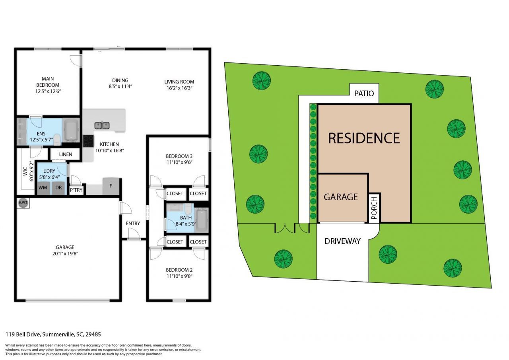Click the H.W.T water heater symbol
pos(21,203)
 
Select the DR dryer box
pos(58,188)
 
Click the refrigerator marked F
pos(111,186)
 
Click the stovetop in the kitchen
pos(88,141)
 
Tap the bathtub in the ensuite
pos(72,130)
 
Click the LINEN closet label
pos(66,154)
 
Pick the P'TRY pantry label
pos(76,190)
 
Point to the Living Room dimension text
pos(179,88)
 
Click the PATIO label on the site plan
pos(364,93)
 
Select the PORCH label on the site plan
pos(374,208)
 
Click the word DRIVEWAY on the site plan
pos(342,241)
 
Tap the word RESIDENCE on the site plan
pos(363,138)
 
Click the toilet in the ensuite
pos(57,138)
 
